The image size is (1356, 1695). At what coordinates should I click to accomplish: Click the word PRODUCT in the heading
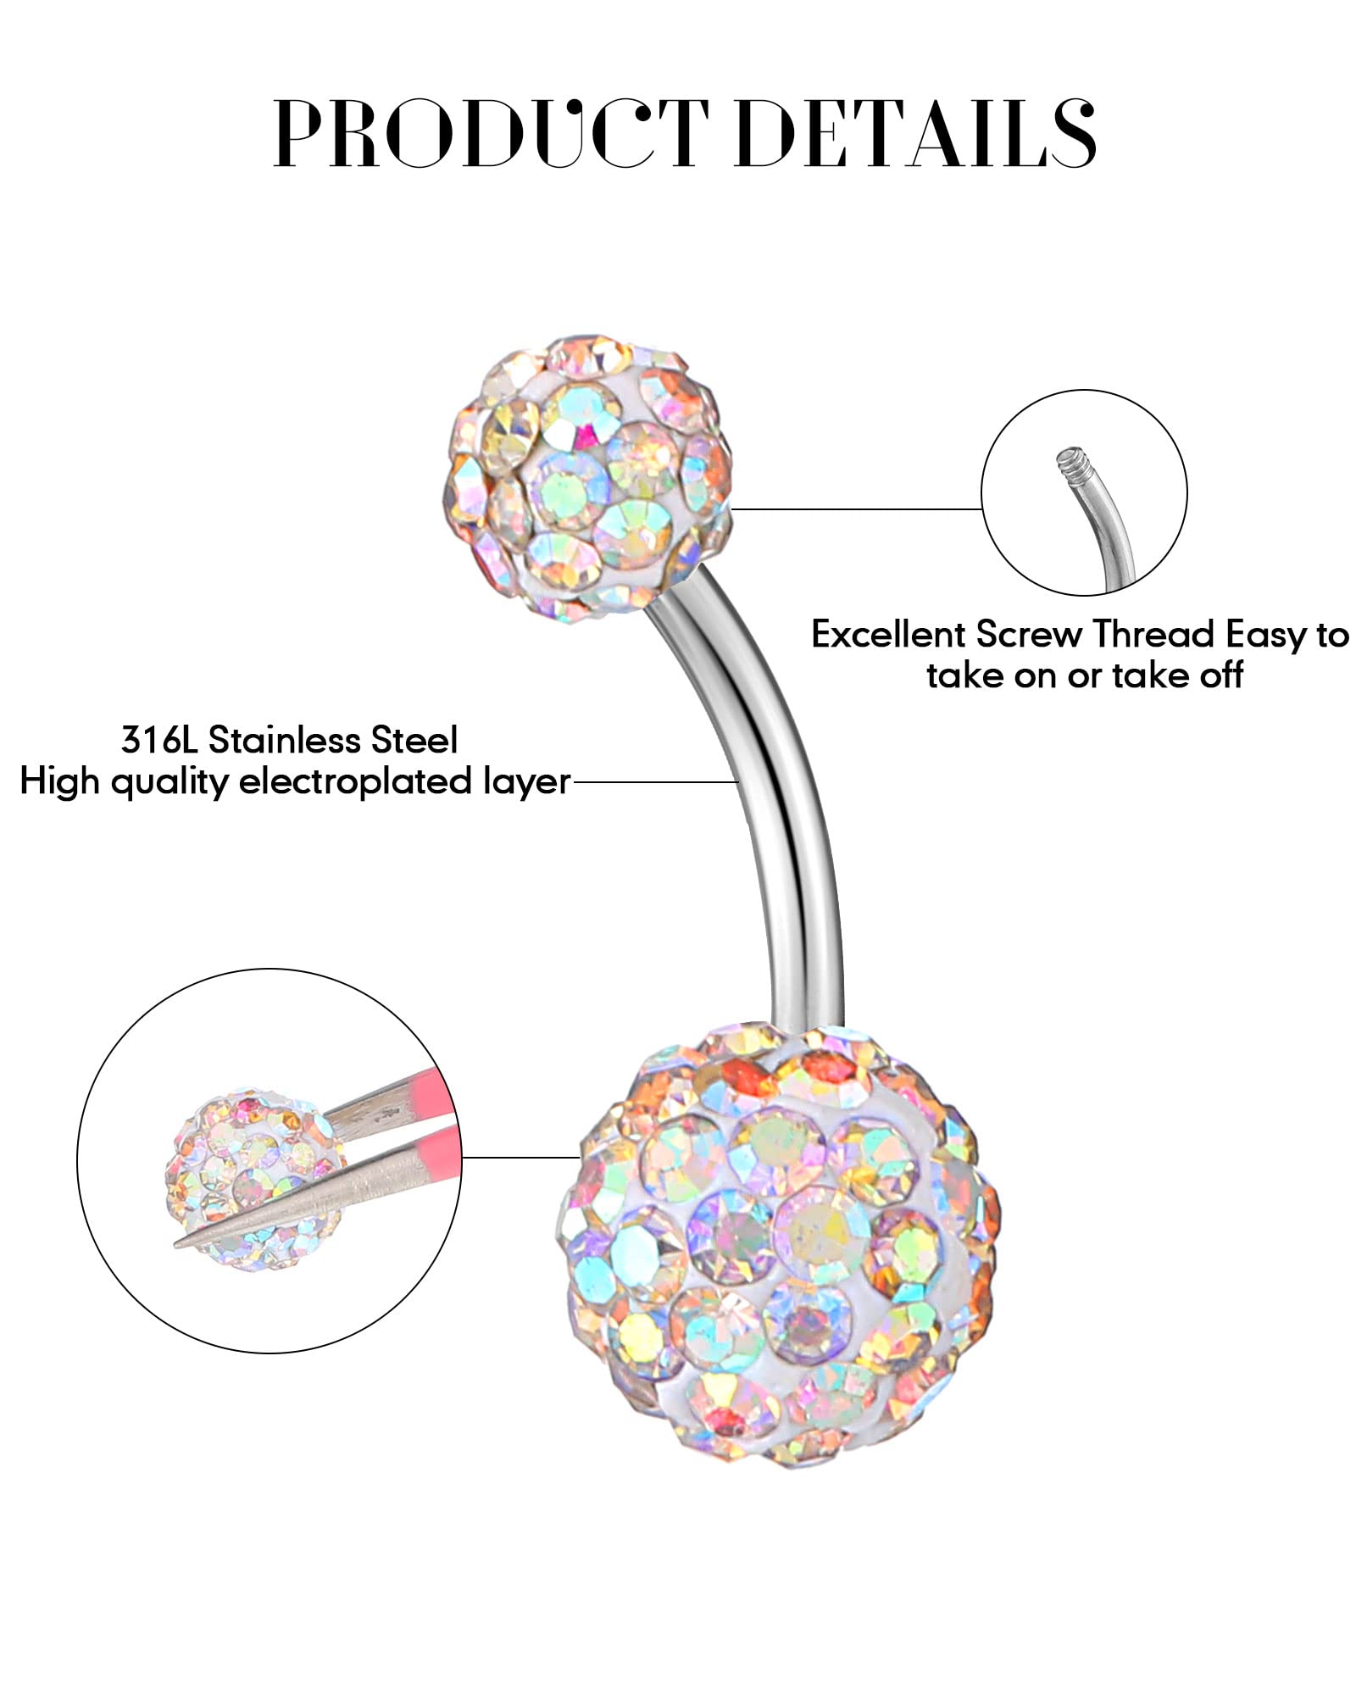point(492,132)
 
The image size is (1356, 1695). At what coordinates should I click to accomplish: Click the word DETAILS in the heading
point(916,132)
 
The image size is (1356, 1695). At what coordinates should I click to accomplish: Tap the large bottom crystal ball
point(777,1244)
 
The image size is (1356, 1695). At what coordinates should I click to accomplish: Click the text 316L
point(159,740)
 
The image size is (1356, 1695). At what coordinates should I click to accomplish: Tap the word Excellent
point(888,634)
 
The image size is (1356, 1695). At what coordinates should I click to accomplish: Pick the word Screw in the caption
point(1029,634)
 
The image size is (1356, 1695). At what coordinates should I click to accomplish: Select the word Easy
point(1264,636)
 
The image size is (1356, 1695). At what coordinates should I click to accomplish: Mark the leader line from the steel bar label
point(657,781)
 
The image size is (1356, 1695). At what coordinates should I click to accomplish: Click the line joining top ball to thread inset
point(856,509)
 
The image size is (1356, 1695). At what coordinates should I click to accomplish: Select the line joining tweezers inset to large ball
point(521,1157)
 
